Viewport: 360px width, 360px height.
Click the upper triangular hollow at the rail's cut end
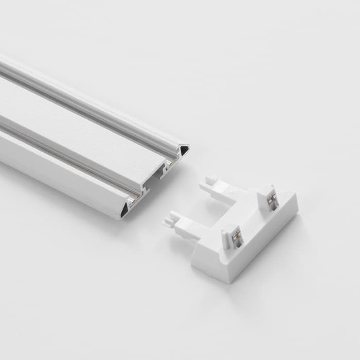click(184, 150)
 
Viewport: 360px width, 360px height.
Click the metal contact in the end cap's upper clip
click(272, 199)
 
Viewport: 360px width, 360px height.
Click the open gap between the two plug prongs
click(206, 211)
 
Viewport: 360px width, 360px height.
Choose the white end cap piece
click(242, 231)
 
